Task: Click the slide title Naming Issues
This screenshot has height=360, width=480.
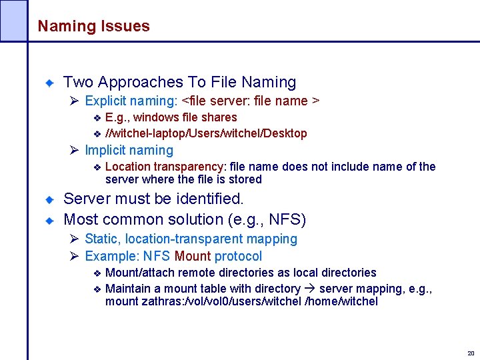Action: tap(93, 27)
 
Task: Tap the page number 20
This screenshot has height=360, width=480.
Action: tap(471, 353)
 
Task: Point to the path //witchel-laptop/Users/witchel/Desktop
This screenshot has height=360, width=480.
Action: tap(206, 133)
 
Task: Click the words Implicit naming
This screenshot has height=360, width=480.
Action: tap(129, 151)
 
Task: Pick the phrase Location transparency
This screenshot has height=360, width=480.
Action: tap(165, 167)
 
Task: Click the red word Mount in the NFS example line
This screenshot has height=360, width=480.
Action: tap(192, 257)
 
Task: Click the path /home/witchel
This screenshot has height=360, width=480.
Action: tap(341, 301)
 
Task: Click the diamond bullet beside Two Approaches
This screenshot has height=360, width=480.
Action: tap(49, 83)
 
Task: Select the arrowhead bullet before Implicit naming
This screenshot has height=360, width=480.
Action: tap(74, 151)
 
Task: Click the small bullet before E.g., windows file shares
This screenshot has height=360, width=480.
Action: tap(96, 118)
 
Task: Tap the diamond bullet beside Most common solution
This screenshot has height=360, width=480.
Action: tap(49, 220)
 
